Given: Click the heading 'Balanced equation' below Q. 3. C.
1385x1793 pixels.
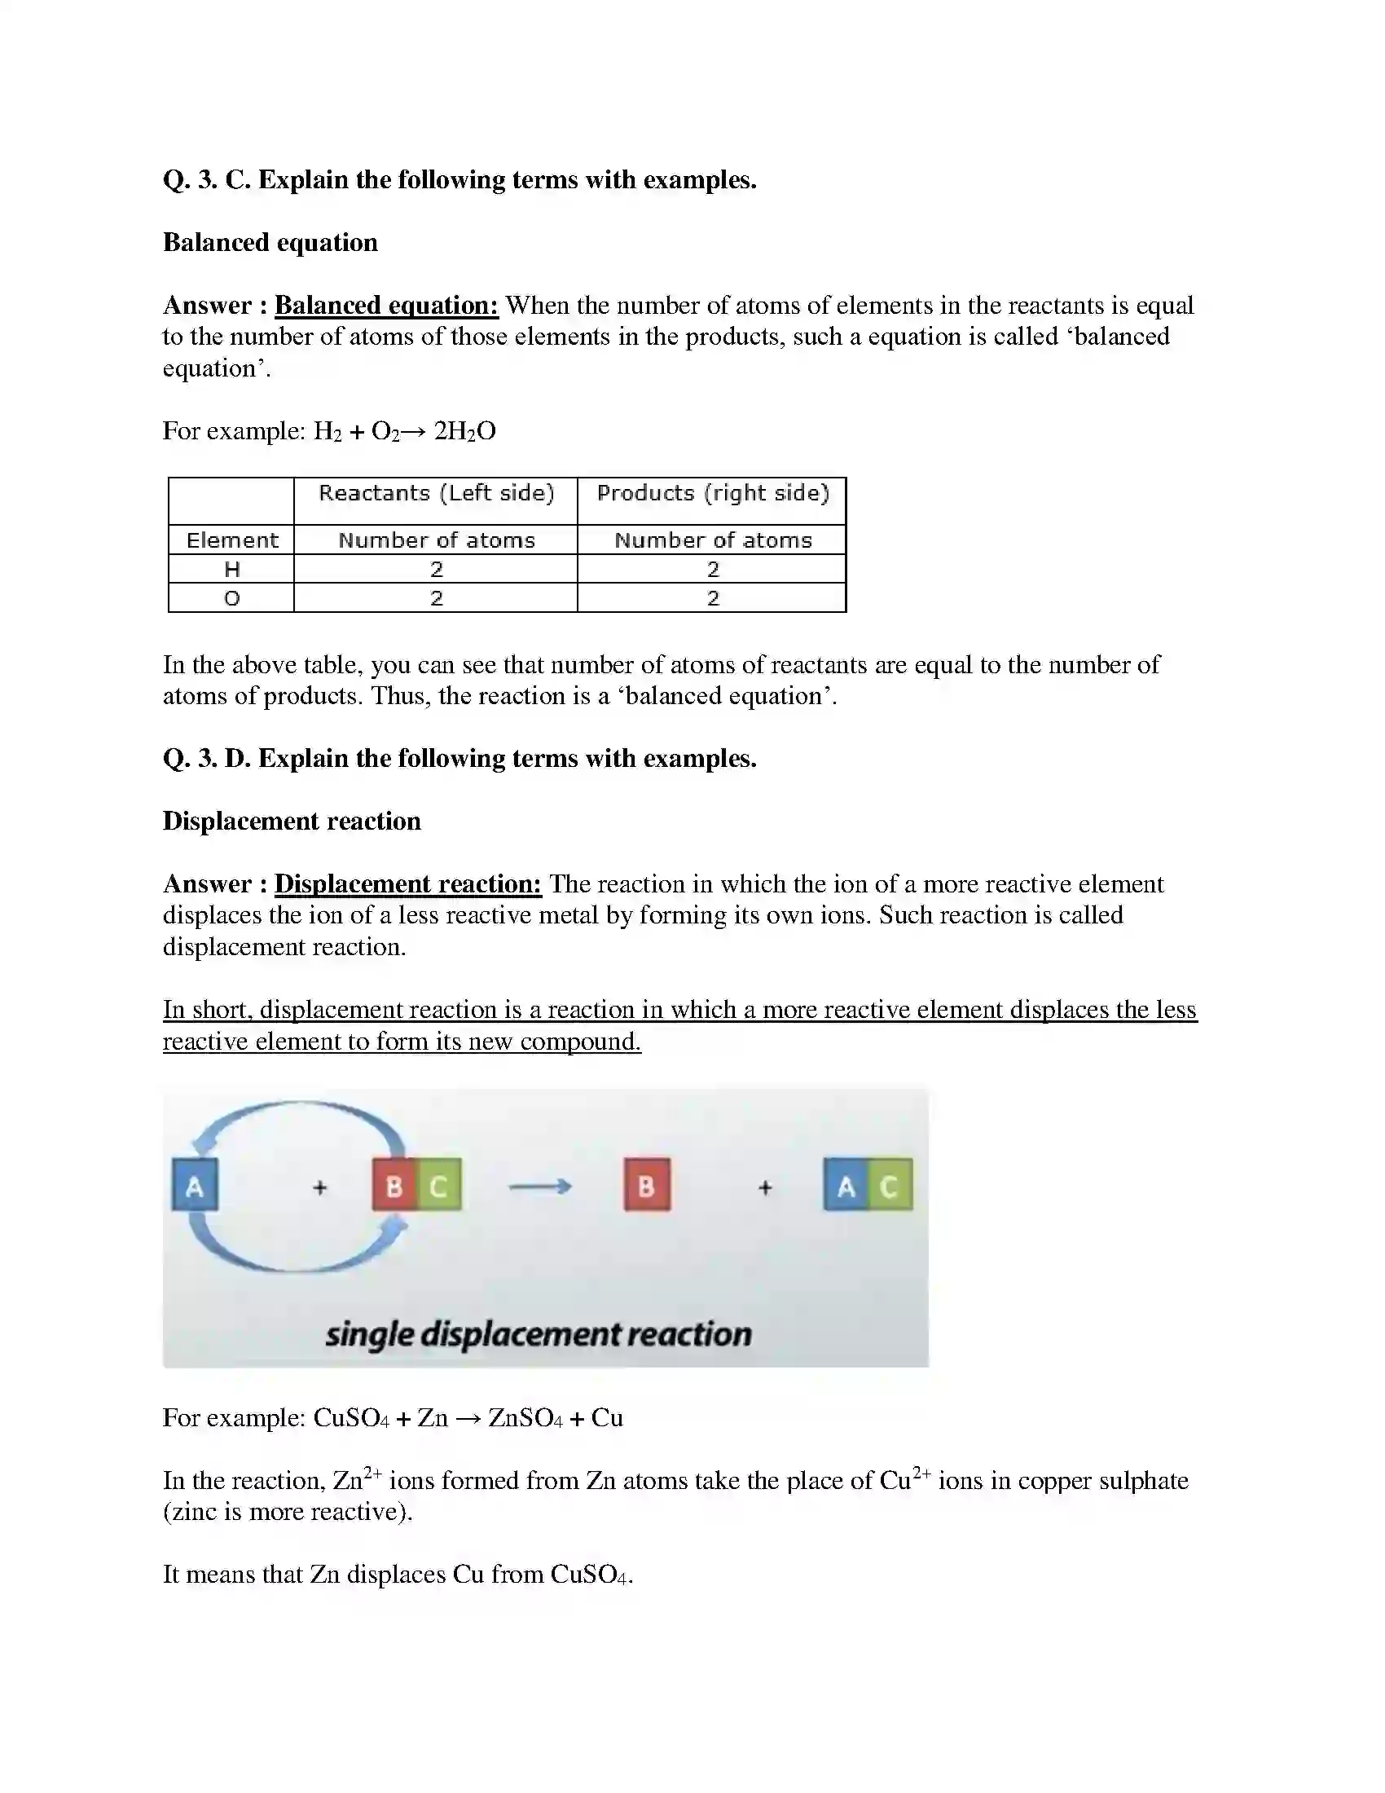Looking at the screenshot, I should point(270,243).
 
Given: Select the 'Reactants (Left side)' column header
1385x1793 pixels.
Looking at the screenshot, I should point(436,492).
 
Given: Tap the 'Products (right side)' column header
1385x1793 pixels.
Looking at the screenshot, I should point(712,492).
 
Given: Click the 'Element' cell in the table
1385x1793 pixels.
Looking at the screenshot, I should point(231,540).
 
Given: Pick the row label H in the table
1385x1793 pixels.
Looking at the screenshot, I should point(231,569).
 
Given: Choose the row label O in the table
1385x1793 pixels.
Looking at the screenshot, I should point(231,598).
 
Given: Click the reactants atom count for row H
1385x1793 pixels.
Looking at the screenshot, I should point(436,569).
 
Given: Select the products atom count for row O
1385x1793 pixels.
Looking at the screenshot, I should point(712,598).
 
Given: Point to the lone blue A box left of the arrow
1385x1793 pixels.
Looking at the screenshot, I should point(195,1186).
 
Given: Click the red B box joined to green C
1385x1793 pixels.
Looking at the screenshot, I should point(394,1186).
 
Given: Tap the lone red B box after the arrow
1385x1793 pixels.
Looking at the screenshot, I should point(647,1186).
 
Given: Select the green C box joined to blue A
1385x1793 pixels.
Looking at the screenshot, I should point(890,1186).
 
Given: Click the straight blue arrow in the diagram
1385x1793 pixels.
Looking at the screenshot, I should point(539,1187).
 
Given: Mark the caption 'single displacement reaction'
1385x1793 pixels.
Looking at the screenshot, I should point(539,1334).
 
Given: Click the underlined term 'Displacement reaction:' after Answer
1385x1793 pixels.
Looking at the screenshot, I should point(408,884).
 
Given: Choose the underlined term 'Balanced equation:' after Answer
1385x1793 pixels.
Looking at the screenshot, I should point(385,306).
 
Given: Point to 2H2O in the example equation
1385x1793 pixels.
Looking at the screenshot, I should point(464,431).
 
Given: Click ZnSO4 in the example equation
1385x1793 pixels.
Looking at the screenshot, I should point(525,1418).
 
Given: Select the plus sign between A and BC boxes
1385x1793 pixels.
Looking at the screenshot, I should point(320,1187).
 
